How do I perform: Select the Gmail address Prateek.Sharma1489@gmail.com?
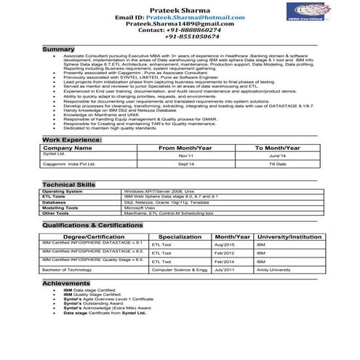[x=180, y=23]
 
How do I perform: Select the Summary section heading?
[x=58, y=49]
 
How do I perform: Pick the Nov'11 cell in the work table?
[x=185, y=156]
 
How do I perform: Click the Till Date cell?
[x=277, y=165]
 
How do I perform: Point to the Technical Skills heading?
[x=69, y=185]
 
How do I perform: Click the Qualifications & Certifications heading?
[x=95, y=226]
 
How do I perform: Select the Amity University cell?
[x=273, y=269]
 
